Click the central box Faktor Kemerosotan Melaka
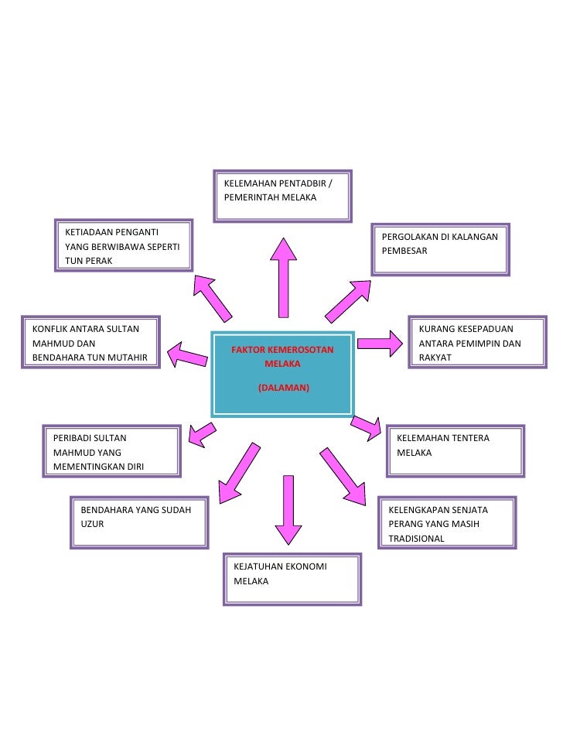(x=282, y=374)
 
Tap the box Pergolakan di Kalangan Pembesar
(x=441, y=249)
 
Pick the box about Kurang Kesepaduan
(x=467, y=343)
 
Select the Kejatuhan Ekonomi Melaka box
(x=292, y=579)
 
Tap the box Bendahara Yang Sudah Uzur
(x=139, y=522)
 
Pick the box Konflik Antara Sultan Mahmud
(x=90, y=342)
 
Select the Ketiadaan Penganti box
(x=125, y=245)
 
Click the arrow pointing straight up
(x=284, y=277)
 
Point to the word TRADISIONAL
(x=416, y=539)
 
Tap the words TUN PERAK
(x=89, y=261)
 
